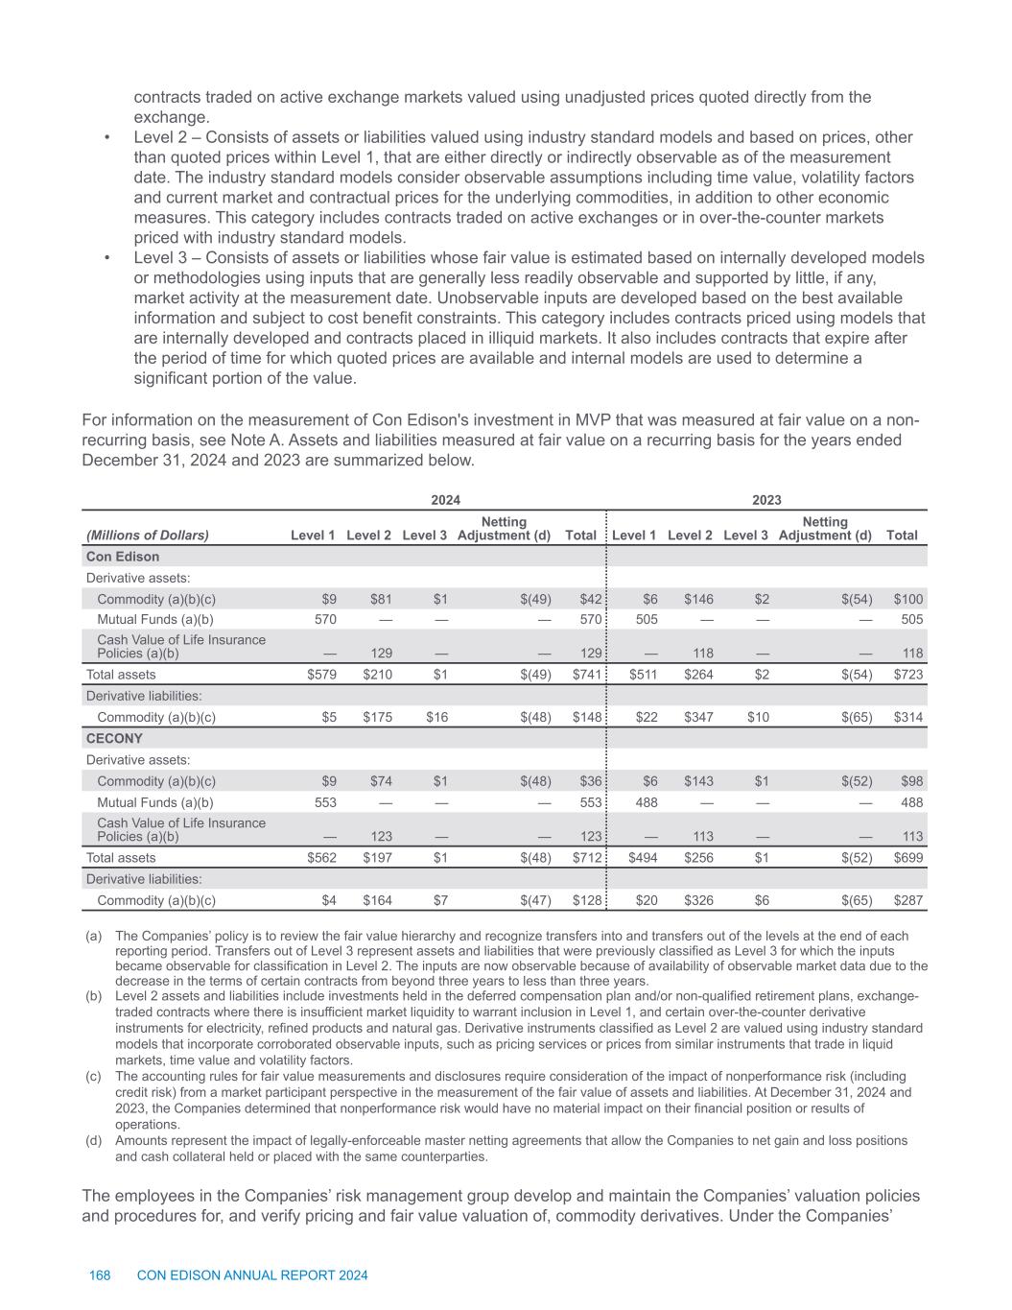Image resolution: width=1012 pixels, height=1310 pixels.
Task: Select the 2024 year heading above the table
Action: click(445, 500)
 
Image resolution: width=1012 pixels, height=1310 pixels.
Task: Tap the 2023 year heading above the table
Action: click(766, 500)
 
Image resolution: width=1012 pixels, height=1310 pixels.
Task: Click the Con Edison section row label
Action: click(123, 557)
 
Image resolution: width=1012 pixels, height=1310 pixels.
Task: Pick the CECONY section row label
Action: click(114, 739)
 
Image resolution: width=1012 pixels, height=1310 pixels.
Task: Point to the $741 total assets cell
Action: click(586, 675)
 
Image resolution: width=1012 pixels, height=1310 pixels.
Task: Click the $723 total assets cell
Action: click(908, 675)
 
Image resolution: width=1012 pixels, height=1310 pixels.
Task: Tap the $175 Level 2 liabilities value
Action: click(377, 717)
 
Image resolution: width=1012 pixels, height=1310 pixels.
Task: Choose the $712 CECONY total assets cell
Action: click(586, 858)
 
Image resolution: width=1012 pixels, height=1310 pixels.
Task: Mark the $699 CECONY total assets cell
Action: click(908, 858)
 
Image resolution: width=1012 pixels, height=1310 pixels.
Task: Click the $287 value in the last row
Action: click(908, 900)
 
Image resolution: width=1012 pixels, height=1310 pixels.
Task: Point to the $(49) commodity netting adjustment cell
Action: click(535, 600)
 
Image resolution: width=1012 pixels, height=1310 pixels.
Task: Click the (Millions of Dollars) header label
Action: click(148, 536)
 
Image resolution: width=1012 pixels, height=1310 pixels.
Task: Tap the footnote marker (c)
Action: click(94, 1077)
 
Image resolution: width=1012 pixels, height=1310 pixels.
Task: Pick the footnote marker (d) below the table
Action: click(94, 1140)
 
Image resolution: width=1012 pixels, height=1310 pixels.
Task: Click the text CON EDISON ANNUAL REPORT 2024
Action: click(253, 1275)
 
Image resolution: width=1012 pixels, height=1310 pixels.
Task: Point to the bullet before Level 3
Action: click(107, 258)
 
